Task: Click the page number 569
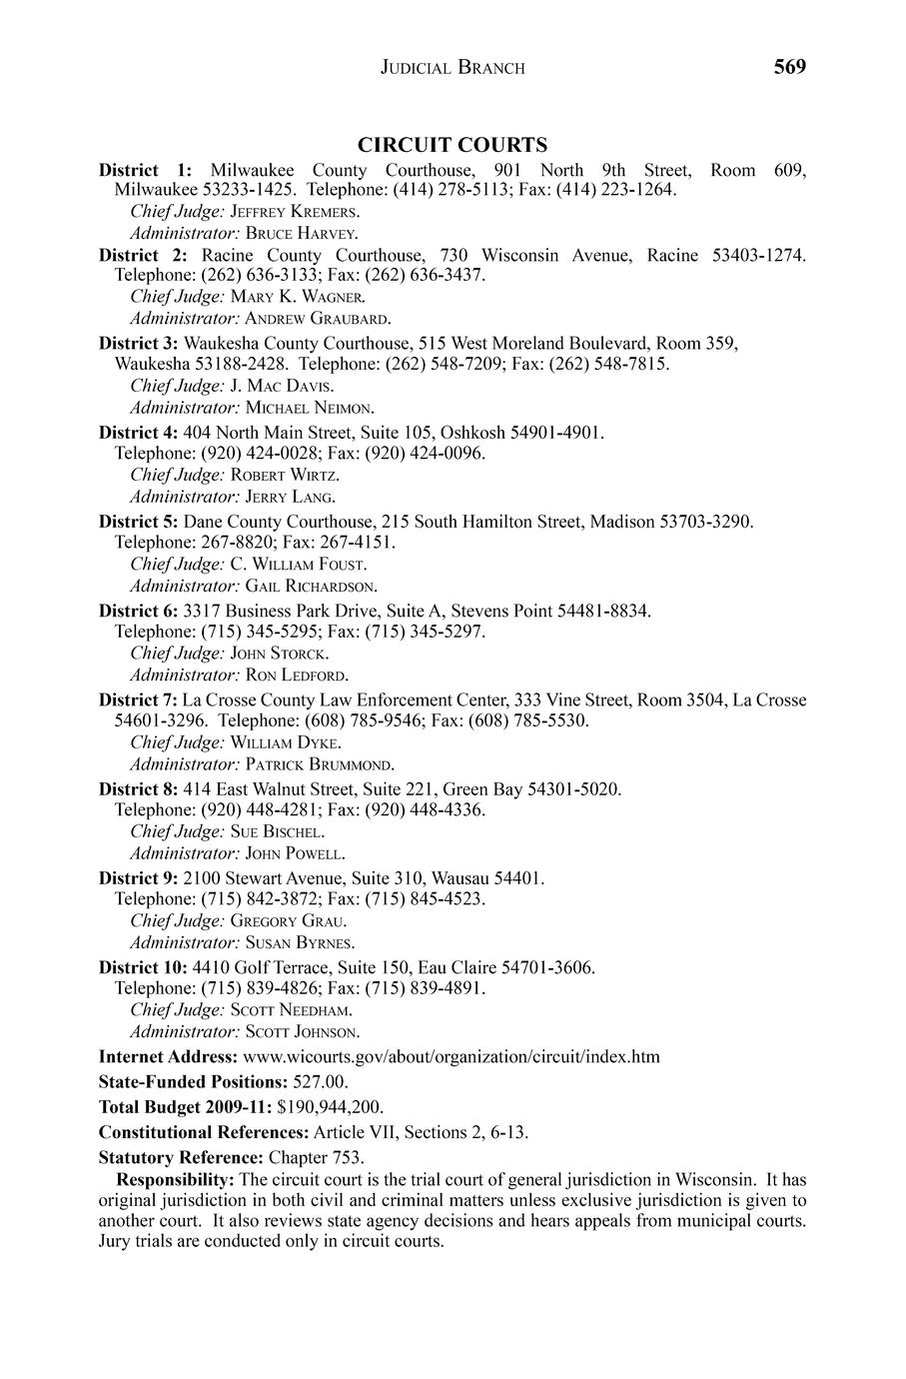(x=789, y=67)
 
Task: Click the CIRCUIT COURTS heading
(x=453, y=145)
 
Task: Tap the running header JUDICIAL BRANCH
(x=453, y=68)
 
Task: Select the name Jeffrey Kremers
(x=295, y=212)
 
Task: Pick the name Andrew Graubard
(x=318, y=319)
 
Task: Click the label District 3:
(x=139, y=344)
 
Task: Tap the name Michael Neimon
(x=310, y=408)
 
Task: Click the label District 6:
(x=139, y=611)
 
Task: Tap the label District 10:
(x=143, y=967)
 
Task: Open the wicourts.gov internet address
(x=452, y=1056)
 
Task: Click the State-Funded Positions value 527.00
(x=321, y=1082)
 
